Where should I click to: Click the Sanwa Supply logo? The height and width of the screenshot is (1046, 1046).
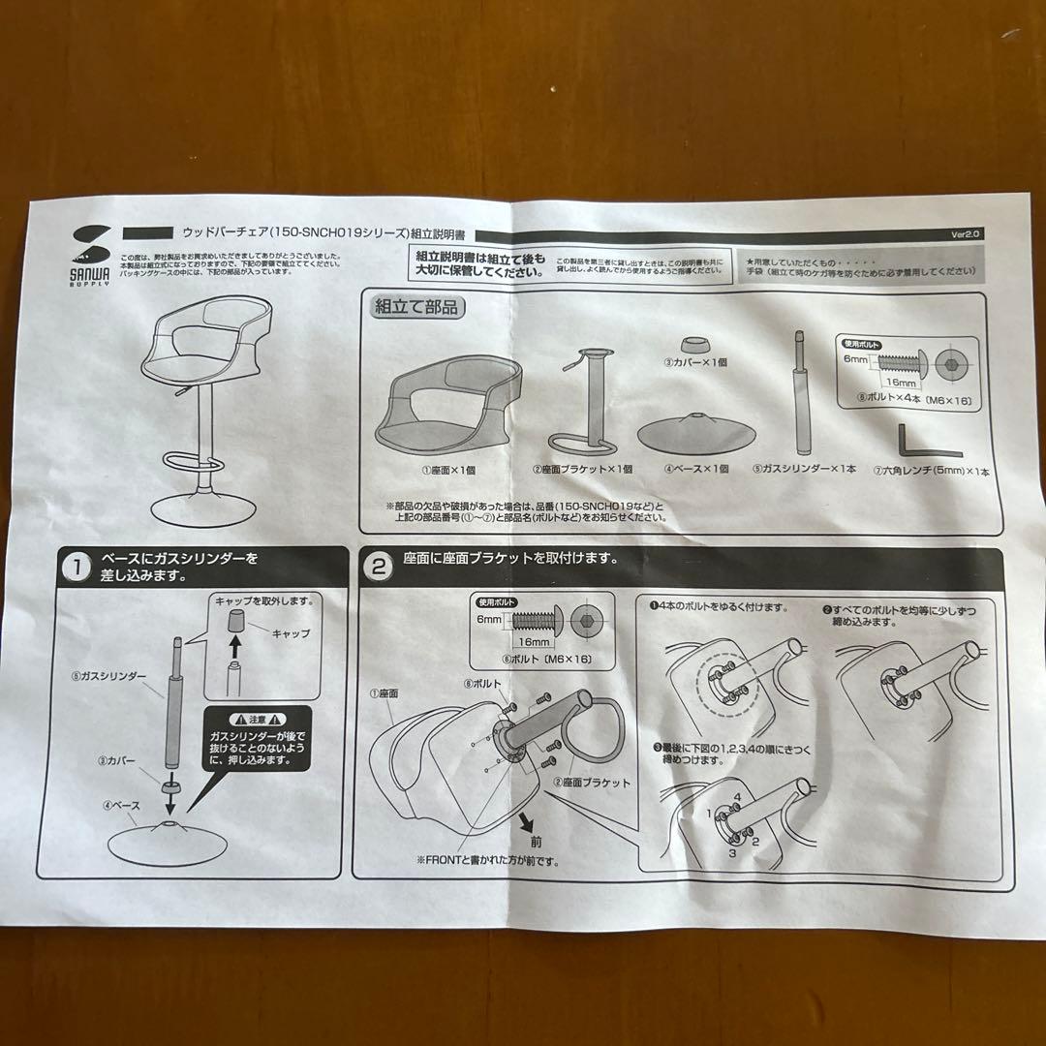pos(92,255)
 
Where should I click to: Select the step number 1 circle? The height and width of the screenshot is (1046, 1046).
pos(76,568)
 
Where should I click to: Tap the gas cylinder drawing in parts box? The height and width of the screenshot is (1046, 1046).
pos(801,392)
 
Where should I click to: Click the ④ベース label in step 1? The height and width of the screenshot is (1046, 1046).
pos(121,804)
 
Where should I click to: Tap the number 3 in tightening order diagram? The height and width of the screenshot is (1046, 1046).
pos(733,853)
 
